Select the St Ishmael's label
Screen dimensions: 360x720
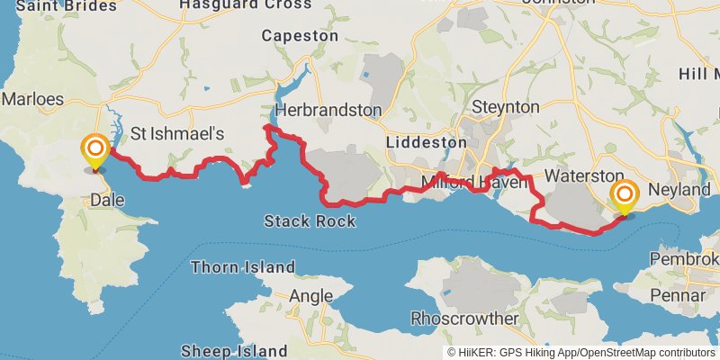176,133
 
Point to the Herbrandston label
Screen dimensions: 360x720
328,110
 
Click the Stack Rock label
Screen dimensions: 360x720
310,220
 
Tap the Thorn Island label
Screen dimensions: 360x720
243,266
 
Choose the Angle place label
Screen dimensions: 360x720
311,295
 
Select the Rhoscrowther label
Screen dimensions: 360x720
464,319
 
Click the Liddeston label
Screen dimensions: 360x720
426,142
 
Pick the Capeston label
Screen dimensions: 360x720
300,36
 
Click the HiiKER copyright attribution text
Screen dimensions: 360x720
582,352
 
